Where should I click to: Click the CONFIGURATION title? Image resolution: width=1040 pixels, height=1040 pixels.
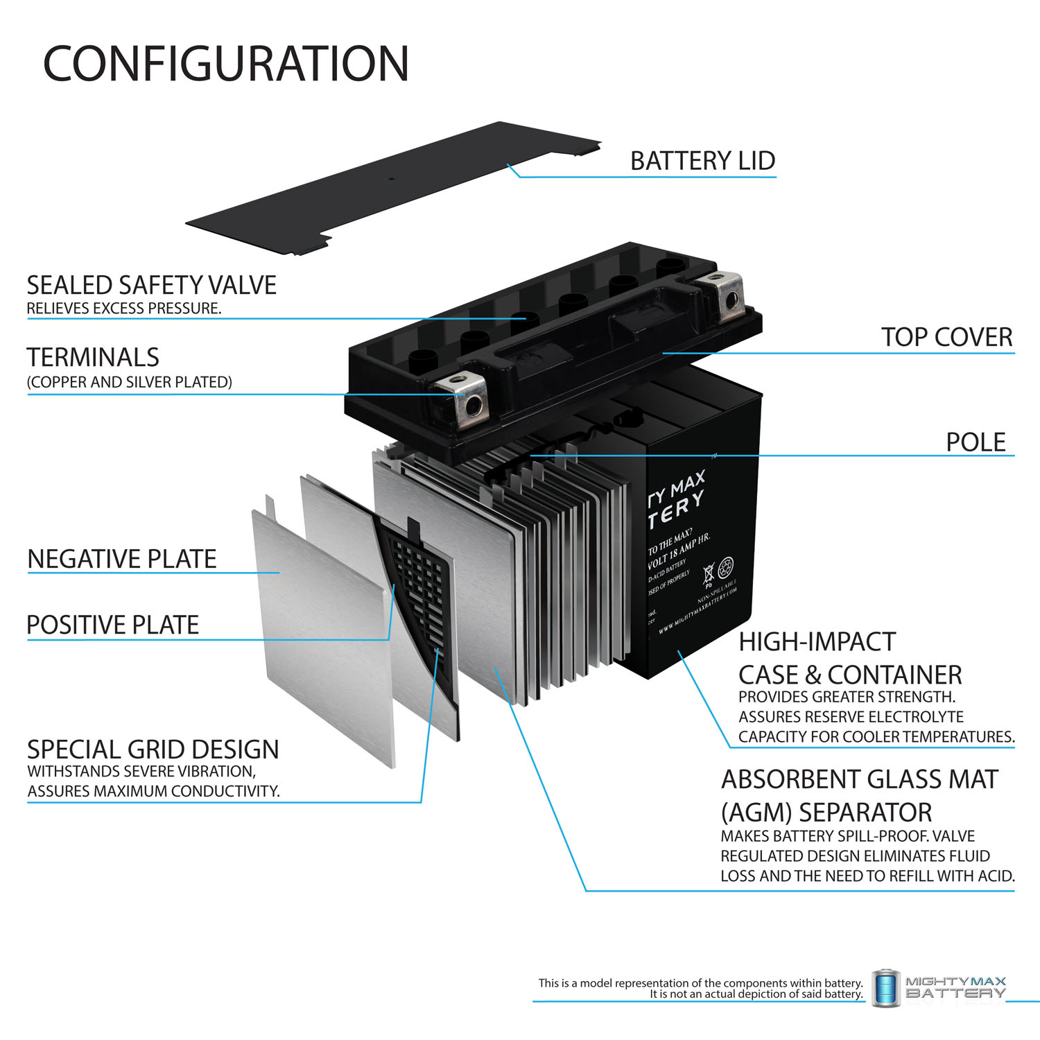(226, 64)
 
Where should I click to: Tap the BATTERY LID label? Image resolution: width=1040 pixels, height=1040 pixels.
(702, 161)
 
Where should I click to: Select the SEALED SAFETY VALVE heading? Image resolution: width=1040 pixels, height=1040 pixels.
(151, 285)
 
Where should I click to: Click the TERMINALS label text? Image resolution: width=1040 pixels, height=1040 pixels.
(93, 358)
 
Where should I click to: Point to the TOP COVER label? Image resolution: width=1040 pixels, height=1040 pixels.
(946, 338)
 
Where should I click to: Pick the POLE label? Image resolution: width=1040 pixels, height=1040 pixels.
(975, 442)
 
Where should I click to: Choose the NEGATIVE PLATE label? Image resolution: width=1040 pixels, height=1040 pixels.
(122, 559)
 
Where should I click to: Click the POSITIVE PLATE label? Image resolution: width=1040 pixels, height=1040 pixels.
(112, 625)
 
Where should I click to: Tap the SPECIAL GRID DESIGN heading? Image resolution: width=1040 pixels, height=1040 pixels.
(153, 749)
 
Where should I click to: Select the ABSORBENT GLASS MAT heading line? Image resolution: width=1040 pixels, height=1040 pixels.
(859, 780)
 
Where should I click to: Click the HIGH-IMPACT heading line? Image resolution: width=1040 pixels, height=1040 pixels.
(817, 642)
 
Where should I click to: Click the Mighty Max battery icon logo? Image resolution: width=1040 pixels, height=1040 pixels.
(885, 988)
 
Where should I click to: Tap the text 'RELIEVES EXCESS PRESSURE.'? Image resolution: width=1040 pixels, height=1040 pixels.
(124, 309)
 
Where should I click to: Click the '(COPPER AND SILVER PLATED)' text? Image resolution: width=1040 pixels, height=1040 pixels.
(129, 382)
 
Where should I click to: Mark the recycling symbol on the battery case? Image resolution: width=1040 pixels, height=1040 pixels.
(726, 568)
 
